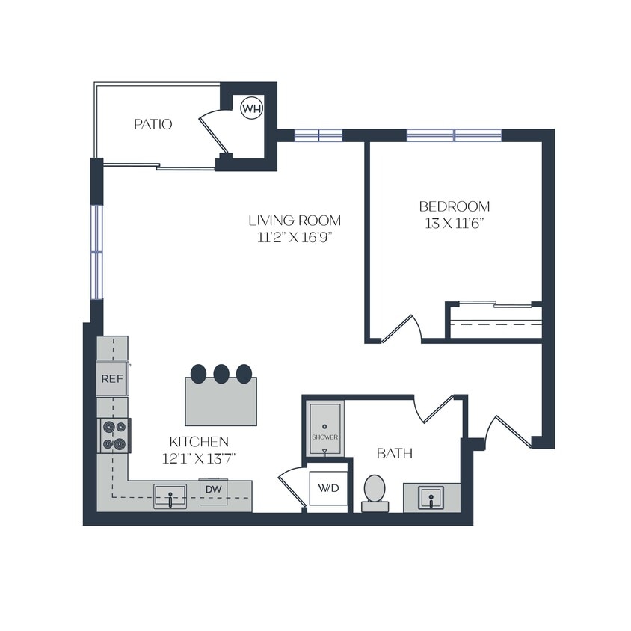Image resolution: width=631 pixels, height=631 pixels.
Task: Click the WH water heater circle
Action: coord(251,109)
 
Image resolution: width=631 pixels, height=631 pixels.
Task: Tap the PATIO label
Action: coord(153,124)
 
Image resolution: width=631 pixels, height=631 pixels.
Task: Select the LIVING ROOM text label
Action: coord(295,221)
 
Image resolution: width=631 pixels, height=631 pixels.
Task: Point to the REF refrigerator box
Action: coord(111,379)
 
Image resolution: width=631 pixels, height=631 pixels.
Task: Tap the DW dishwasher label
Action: coord(215,490)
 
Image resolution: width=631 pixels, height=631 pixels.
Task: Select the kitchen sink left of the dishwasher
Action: coord(170,496)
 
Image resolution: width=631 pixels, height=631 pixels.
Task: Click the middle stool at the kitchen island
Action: coord(221,372)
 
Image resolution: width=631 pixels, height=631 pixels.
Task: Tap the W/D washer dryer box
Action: coord(328,489)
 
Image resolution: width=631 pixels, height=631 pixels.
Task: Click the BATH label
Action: coord(394,454)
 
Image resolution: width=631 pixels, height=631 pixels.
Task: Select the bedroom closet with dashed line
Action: coord(493,322)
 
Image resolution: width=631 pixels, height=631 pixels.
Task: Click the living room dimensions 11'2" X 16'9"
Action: coord(295,238)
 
